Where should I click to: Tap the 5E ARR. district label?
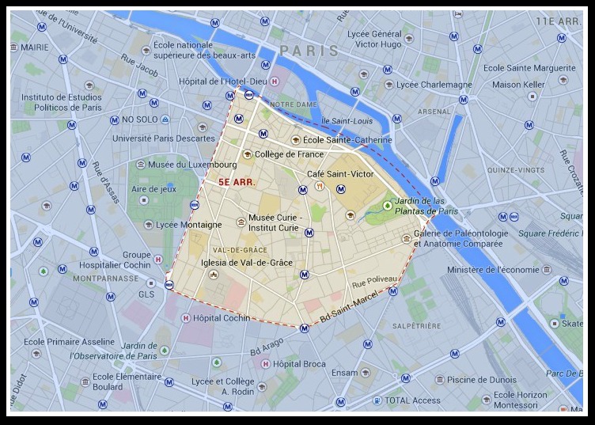click(x=236, y=181)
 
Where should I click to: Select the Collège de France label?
click(x=289, y=154)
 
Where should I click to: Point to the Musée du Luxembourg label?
click(x=191, y=165)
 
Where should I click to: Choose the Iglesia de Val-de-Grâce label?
click(x=248, y=263)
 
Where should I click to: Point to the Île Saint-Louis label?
click(x=346, y=121)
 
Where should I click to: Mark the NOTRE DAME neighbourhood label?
click(x=293, y=104)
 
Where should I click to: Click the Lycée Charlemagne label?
click(x=434, y=85)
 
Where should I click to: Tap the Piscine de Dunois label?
click(x=481, y=380)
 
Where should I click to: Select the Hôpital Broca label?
click(x=298, y=364)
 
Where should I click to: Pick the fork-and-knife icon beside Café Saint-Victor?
click(x=320, y=187)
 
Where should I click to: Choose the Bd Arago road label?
click(x=266, y=346)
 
